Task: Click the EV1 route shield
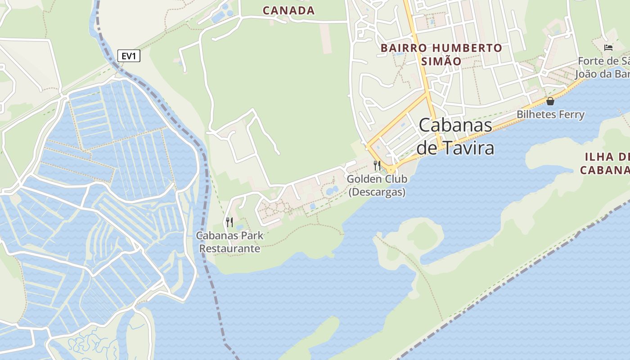(x=129, y=56)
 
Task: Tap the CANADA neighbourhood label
(x=288, y=10)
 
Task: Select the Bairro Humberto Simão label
(x=441, y=54)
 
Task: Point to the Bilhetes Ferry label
(x=550, y=114)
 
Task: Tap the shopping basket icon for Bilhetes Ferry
(x=550, y=101)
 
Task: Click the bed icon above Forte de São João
(x=608, y=47)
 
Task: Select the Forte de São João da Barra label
(x=603, y=67)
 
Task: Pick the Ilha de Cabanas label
(x=606, y=163)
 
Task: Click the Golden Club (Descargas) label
(x=377, y=185)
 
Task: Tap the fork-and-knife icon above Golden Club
(x=377, y=165)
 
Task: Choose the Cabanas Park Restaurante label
(x=229, y=242)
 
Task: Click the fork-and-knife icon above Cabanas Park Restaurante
(x=229, y=221)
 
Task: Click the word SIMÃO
(x=441, y=61)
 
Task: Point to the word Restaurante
(x=229, y=248)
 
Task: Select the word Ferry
(x=569, y=114)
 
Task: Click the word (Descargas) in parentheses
(x=377, y=192)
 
